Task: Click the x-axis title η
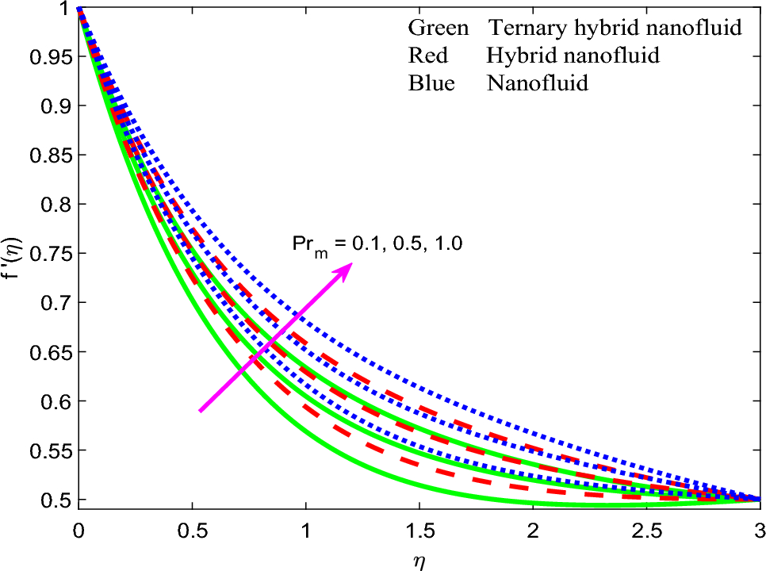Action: tap(419, 558)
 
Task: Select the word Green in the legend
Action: tap(439, 29)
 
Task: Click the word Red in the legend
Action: tap(428, 56)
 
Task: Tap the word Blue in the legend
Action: tap(432, 82)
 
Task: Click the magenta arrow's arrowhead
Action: tap(350, 266)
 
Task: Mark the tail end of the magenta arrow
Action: tap(200, 412)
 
